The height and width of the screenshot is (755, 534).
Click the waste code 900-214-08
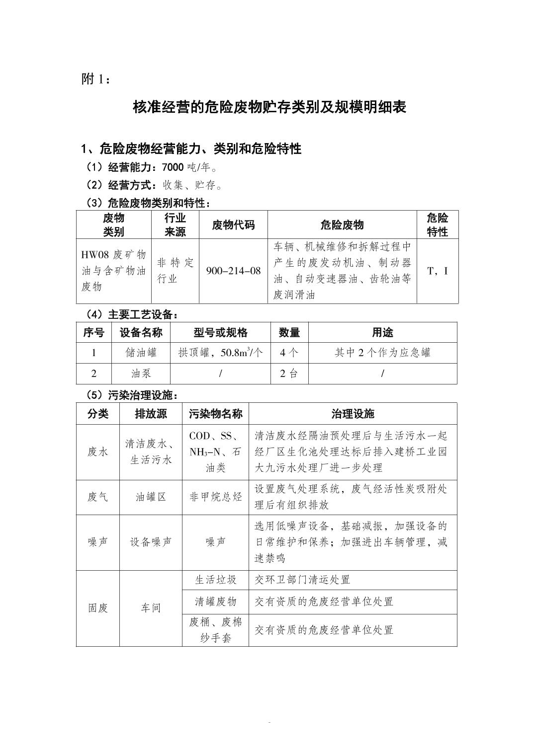click(233, 271)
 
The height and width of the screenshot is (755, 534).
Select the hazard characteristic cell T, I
click(437, 271)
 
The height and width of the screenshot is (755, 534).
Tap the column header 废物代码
click(233, 225)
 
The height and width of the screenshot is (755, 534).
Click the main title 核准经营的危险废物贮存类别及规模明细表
click(269, 107)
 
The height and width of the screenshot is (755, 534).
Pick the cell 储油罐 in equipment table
click(141, 353)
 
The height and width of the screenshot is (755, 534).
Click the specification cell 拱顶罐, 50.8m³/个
click(220, 353)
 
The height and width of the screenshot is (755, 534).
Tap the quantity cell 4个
click(289, 353)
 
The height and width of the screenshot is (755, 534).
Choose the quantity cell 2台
click(289, 374)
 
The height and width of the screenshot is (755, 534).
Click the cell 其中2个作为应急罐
click(382, 353)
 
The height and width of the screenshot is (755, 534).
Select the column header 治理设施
click(353, 414)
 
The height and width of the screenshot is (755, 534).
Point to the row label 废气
click(97, 497)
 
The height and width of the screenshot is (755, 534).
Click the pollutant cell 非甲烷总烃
click(215, 497)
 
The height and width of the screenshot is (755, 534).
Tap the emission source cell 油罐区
click(151, 497)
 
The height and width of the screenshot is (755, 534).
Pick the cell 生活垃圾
click(215, 580)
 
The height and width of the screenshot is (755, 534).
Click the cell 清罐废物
click(215, 602)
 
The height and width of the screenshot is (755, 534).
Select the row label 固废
click(97, 608)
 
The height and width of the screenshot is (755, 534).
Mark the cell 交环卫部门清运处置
click(303, 580)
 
